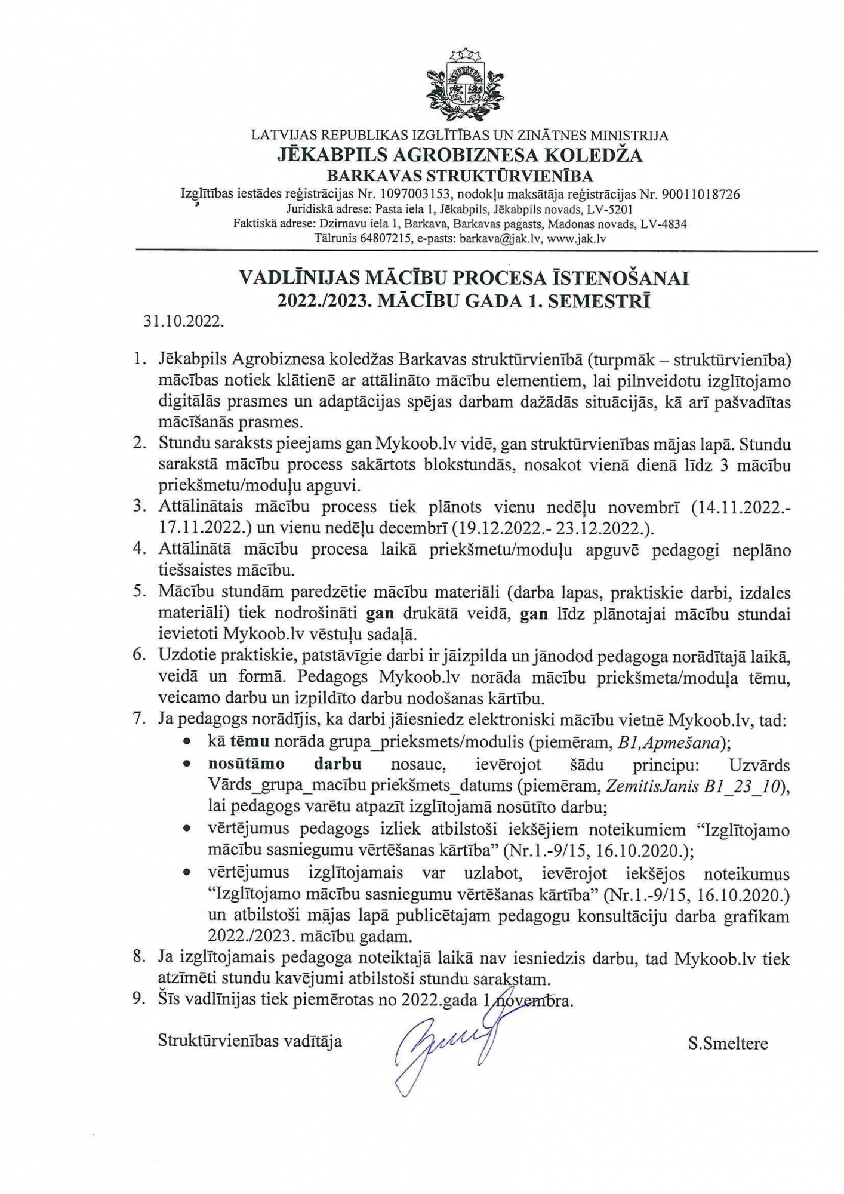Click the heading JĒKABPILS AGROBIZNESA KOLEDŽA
[460, 155]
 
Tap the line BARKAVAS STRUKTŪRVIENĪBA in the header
[460, 176]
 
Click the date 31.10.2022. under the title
[184, 322]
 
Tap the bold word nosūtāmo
[246, 764]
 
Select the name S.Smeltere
[728, 1044]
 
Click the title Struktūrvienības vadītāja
[249, 1041]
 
